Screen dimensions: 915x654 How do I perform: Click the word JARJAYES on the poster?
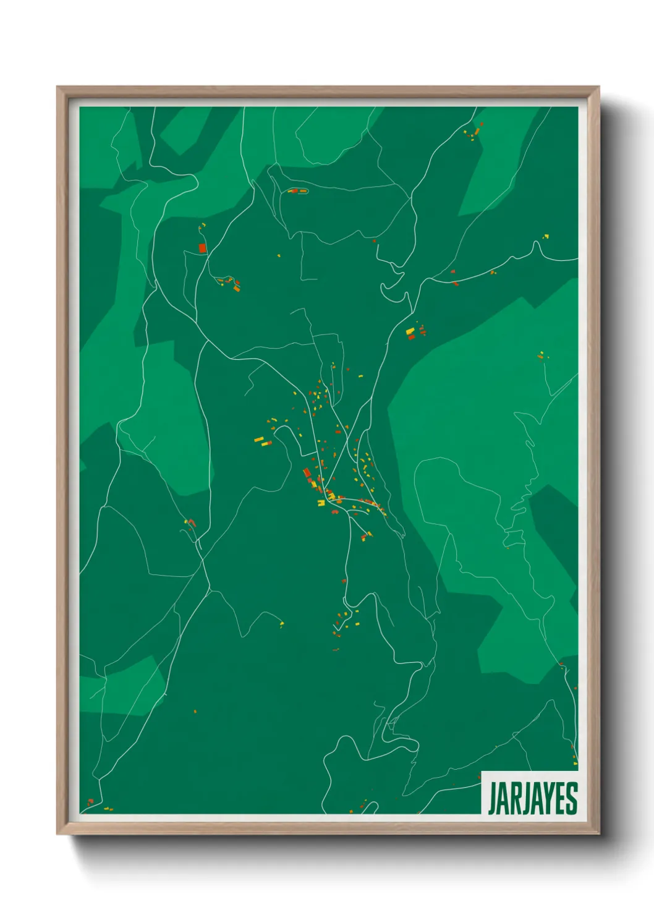tap(532, 798)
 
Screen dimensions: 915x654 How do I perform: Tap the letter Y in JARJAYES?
tap(547, 798)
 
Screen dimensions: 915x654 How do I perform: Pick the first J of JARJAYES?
tap(493, 799)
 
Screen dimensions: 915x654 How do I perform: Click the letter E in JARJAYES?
tap(560, 798)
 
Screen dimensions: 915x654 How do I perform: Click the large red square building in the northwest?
tap(202, 248)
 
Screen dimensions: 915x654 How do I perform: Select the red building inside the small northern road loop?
tap(295, 190)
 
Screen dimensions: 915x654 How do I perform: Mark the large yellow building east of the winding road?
tap(410, 332)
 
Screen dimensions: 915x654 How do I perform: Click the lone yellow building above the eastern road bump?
tap(546, 236)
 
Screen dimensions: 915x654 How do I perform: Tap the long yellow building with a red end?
tap(263, 441)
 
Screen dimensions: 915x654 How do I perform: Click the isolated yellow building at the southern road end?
tap(282, 623)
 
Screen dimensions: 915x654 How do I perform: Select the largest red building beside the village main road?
tap(307, 474)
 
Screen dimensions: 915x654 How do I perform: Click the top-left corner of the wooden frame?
tap(57, 87)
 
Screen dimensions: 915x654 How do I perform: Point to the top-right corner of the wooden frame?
tap(599, 87)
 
